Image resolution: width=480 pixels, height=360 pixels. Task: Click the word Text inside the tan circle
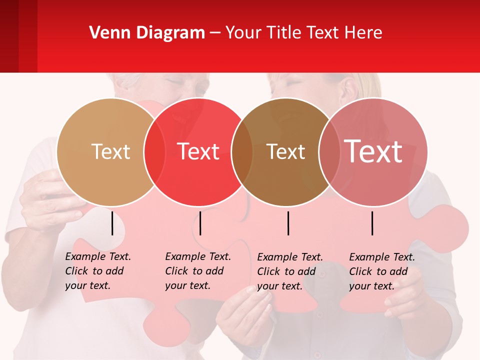coord(110,151)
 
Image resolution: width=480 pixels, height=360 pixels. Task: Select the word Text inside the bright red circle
coord(198,151)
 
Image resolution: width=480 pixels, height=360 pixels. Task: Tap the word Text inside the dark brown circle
coord(285,151)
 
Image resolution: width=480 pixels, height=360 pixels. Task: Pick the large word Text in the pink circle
coord(373,151)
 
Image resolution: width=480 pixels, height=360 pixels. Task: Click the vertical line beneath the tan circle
coord(112,223)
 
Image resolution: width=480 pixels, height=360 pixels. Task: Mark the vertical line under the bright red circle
coord(200,223)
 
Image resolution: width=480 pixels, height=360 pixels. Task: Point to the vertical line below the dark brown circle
coord(288,223)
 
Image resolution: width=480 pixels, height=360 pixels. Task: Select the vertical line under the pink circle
coord(372,223)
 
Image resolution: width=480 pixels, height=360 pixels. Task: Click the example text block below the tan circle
coord(98,271)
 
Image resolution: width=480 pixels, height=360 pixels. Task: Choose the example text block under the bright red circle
coord(198,271)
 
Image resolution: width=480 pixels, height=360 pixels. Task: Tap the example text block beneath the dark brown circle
coord(290,271)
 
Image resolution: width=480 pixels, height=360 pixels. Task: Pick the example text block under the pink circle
coord(382,271)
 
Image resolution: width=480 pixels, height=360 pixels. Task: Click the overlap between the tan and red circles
coord(154,152)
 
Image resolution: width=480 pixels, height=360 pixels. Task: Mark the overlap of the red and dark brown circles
coord(242,152)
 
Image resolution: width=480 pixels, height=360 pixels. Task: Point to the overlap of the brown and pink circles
coord(328,152)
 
